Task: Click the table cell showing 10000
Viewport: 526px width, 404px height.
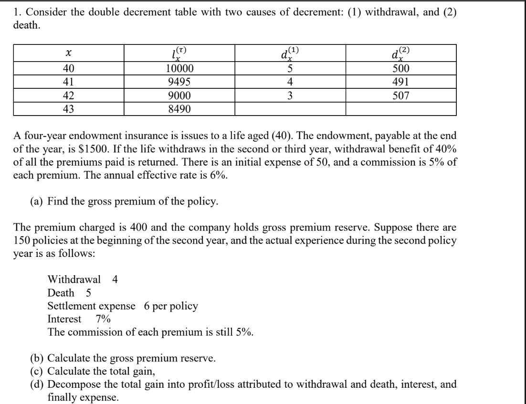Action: tap(179, 69)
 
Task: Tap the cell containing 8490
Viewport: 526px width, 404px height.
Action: tap(179, 109)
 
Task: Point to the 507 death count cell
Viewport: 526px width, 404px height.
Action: tap(400, 96)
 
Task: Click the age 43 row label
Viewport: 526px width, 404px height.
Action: tap(69, 109)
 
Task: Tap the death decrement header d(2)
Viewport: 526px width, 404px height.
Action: tap(400, 54)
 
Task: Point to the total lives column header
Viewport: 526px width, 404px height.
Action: tap(179, 54)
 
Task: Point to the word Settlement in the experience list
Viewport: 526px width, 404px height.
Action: tap(70, 306)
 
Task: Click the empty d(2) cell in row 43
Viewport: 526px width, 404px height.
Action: tap(400, 109)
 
